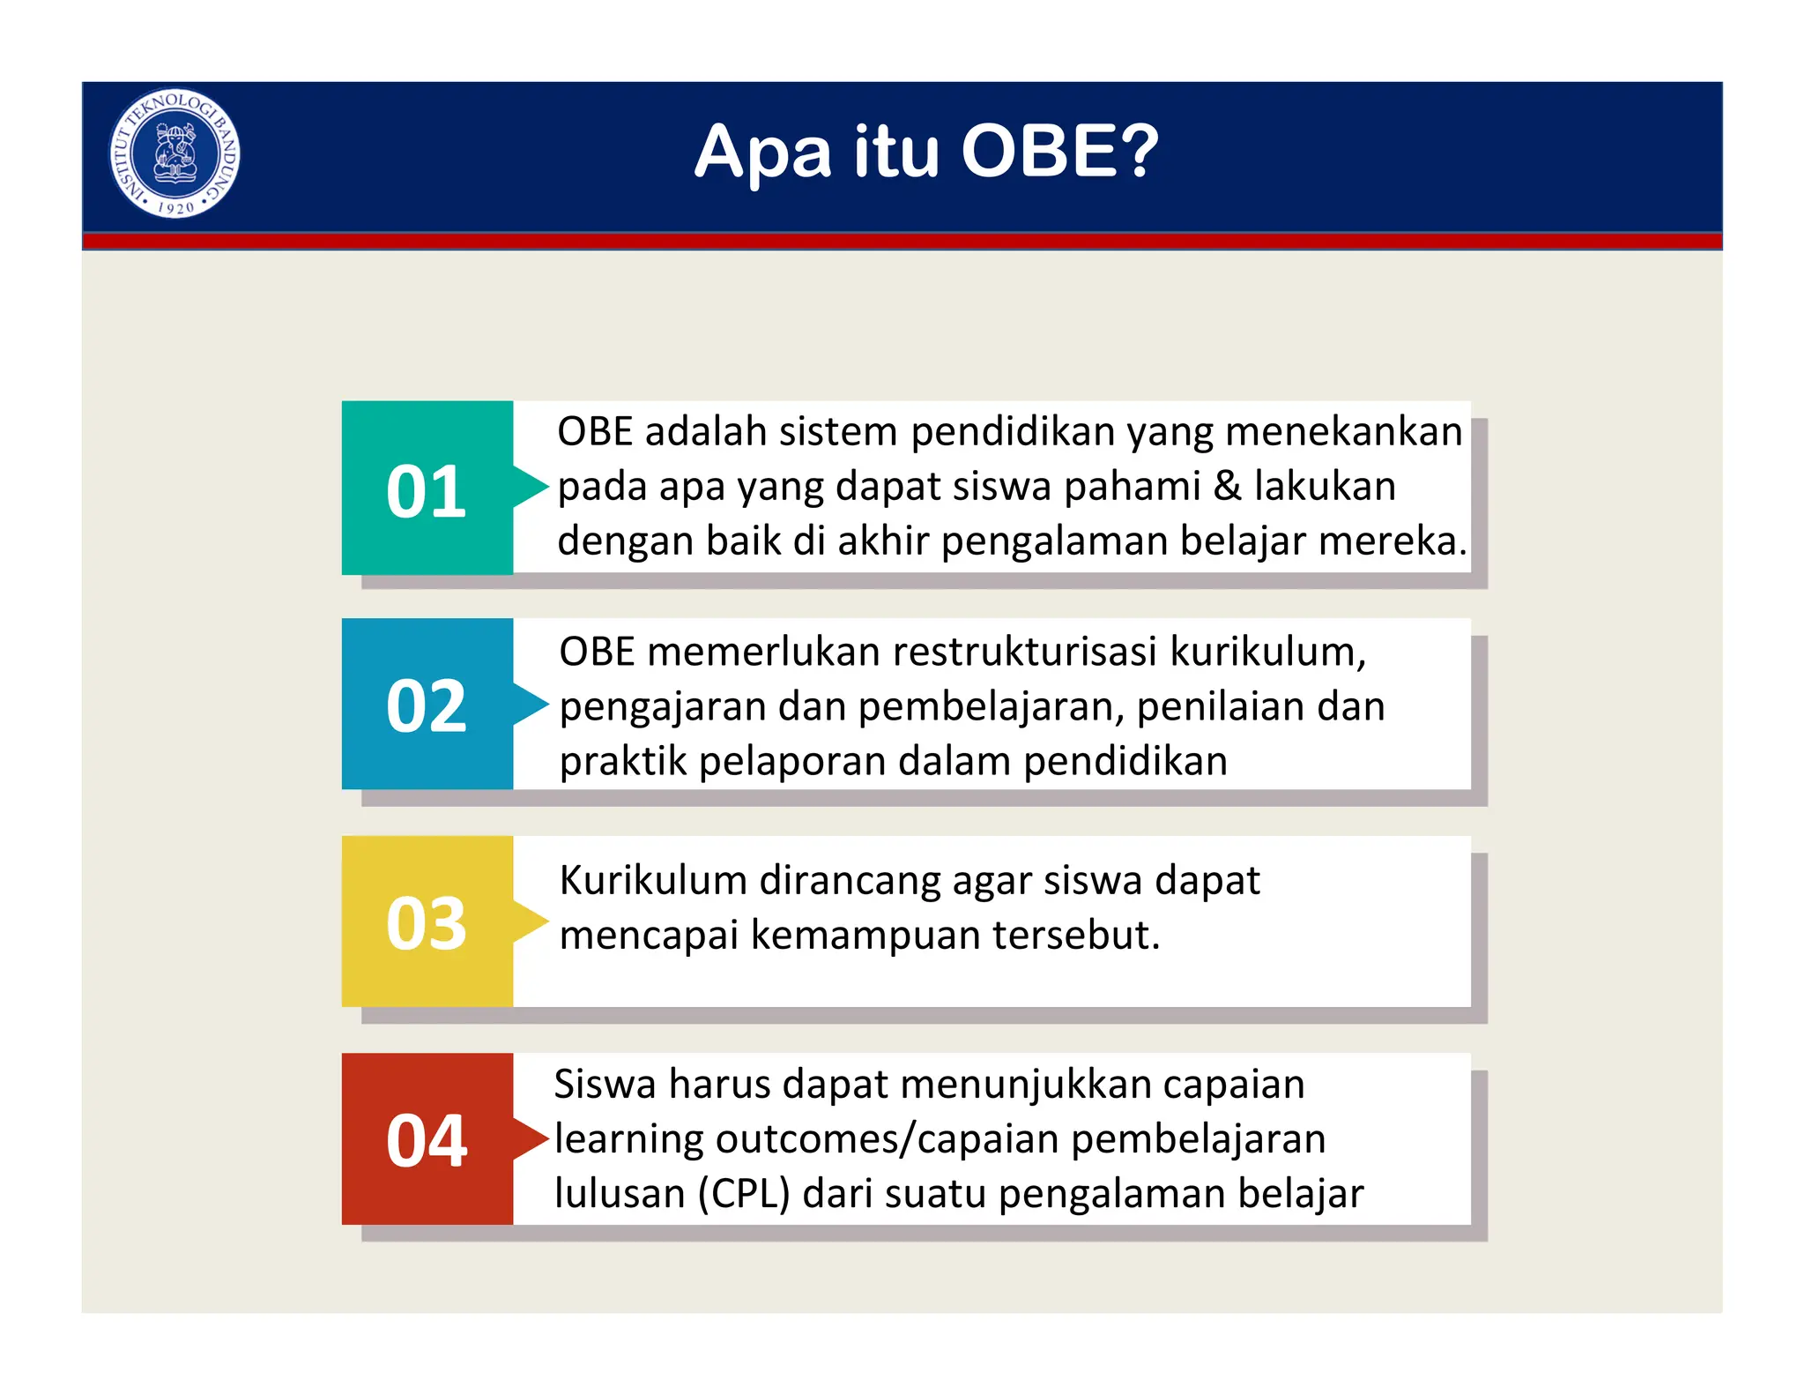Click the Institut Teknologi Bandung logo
click(175, 153)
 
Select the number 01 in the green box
click(426, 492)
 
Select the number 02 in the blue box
click(426, 706)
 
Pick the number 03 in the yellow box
click(426, 923)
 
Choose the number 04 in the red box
click(426, 1141)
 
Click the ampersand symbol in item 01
click(1227, 487)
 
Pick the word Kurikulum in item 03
click(652, 881)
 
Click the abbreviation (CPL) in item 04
click(743, 1195)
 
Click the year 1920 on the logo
click(175, 208)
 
